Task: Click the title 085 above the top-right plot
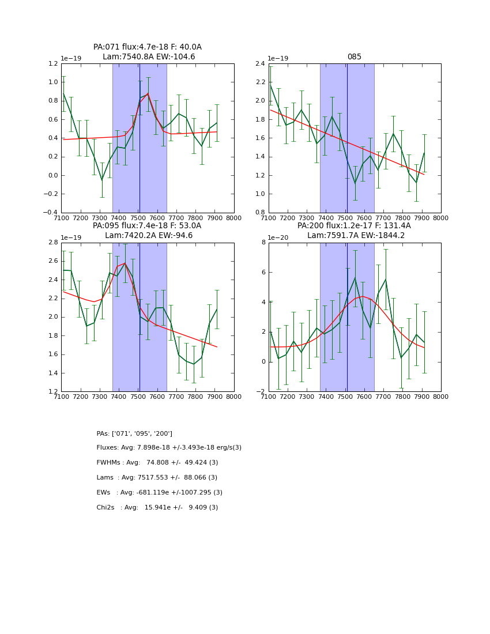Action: click(354, 57)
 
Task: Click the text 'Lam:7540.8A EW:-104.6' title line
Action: click(149, 57)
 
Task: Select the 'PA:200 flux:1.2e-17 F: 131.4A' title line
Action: click(354, 226)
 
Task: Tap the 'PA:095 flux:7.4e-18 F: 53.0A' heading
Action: click(147, 226)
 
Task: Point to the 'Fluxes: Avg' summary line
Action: click(169, 448)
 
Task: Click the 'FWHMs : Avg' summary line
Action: click(157, 463)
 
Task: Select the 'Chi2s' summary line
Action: click(157, 508)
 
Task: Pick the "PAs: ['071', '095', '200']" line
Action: click(134, 434)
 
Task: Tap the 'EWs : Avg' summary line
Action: click(159, 493)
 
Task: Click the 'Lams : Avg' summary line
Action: click(157, 478)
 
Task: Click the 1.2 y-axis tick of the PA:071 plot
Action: click(52, 64)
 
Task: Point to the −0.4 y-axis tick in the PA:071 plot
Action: click(50, 213)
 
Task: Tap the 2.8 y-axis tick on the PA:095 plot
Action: click(52, 243)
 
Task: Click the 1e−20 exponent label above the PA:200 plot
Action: click(279, 237)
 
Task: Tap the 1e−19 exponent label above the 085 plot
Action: click(279, 58)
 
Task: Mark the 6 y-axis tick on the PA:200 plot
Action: click(263, 273)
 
